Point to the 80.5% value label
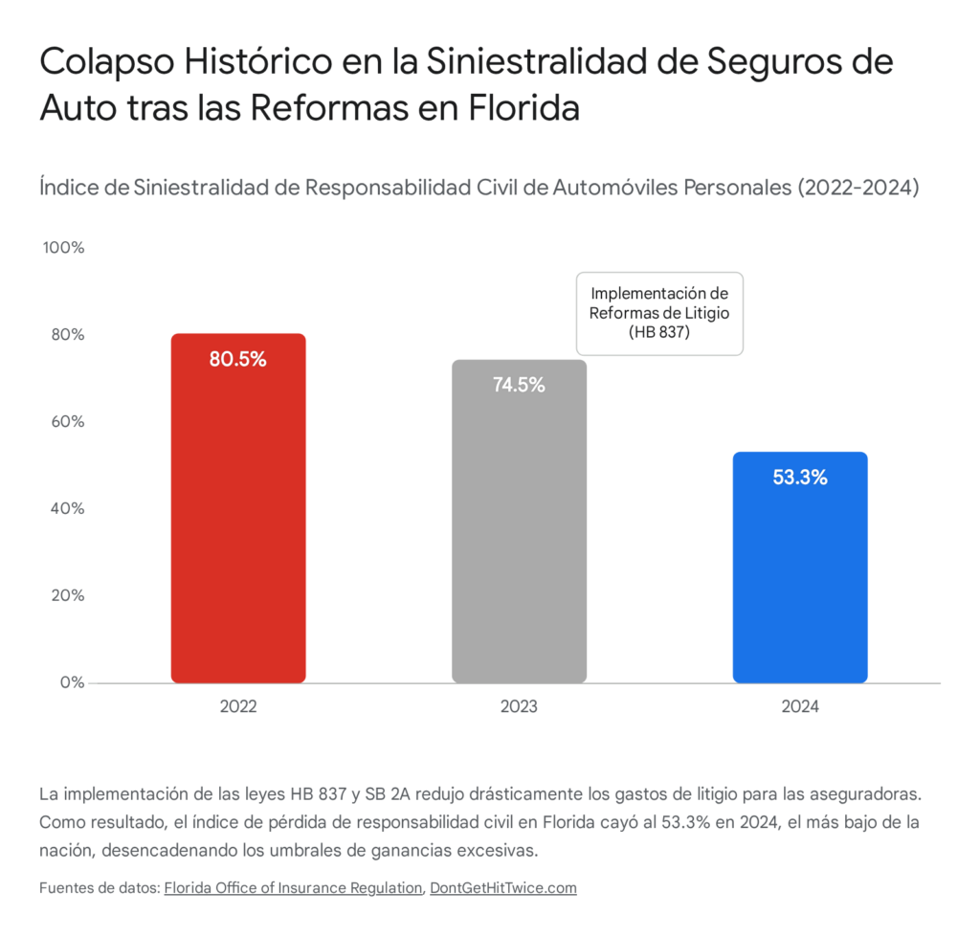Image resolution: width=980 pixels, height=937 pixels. coord(238,360)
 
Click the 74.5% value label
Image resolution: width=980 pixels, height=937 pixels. coord(519,386)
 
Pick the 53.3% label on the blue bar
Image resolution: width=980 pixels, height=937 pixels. coord(800,478)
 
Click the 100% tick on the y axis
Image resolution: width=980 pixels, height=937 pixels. coord(64,247)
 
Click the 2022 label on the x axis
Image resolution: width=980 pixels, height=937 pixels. coord(238,707)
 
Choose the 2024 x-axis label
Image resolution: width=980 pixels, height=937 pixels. coord(800,707)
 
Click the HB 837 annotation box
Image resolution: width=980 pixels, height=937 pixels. coord(659,313)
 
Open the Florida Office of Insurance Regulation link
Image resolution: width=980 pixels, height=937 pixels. coord(293,887)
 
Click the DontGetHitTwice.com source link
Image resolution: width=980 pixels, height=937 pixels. coord(503,887)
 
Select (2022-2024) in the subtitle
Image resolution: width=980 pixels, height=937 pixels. coord(858,187)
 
